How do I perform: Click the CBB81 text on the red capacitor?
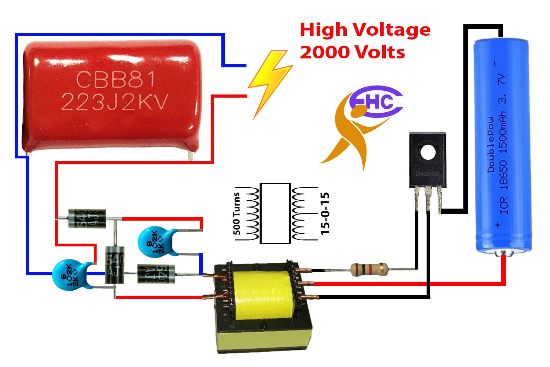click(x=115, y=79)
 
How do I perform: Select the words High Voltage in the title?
click(x=365, y=30)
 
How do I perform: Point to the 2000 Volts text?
click(x=352, y=52)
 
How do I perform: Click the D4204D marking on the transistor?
click(x=427, y=174)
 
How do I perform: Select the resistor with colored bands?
click(x=369, y=269)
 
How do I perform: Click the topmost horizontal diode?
click(x=87, y=219)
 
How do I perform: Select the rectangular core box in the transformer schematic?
click(x=275, y=213)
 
